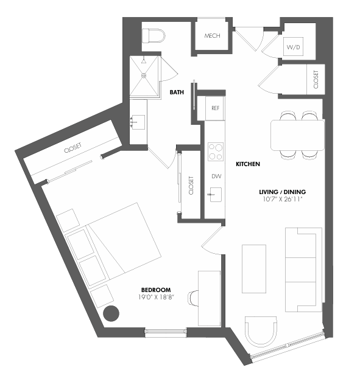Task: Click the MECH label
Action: [212, 35]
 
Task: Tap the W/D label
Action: [293, 47]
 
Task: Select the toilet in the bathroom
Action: [154, 35]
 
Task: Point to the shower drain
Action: [144, 61]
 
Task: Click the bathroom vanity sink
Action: [137, 121]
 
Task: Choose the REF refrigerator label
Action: [215, 108]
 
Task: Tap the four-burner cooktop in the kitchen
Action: [215, 151]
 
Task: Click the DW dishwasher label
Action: [215, 176]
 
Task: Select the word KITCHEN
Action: [248, 164]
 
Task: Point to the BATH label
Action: [177, 93]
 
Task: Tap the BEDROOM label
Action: [155, 290]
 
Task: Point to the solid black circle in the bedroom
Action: [111, 315]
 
